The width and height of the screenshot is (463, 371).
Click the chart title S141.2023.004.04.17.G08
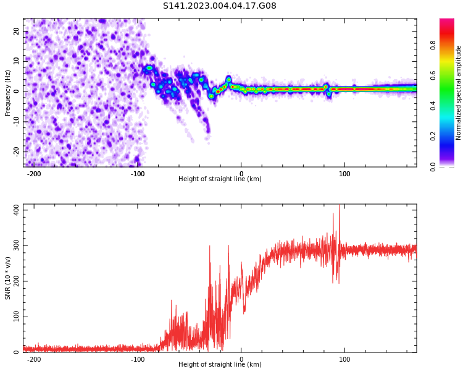[220, 6]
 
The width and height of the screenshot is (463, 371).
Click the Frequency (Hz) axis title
[8, 93]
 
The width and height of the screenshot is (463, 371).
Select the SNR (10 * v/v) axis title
[8, 278]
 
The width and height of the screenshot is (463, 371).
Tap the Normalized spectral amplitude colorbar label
[459, 93]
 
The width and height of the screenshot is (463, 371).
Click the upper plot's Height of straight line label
[220, 179]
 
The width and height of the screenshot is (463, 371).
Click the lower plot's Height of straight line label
[220, 365]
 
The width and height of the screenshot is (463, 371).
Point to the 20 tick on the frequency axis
[16, 32]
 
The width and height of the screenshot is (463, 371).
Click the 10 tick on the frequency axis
[16, 61]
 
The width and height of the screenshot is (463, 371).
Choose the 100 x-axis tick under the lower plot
[344, 359]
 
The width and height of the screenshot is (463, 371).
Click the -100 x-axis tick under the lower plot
[138, 359]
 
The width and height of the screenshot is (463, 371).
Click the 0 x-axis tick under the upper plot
[241, 174]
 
